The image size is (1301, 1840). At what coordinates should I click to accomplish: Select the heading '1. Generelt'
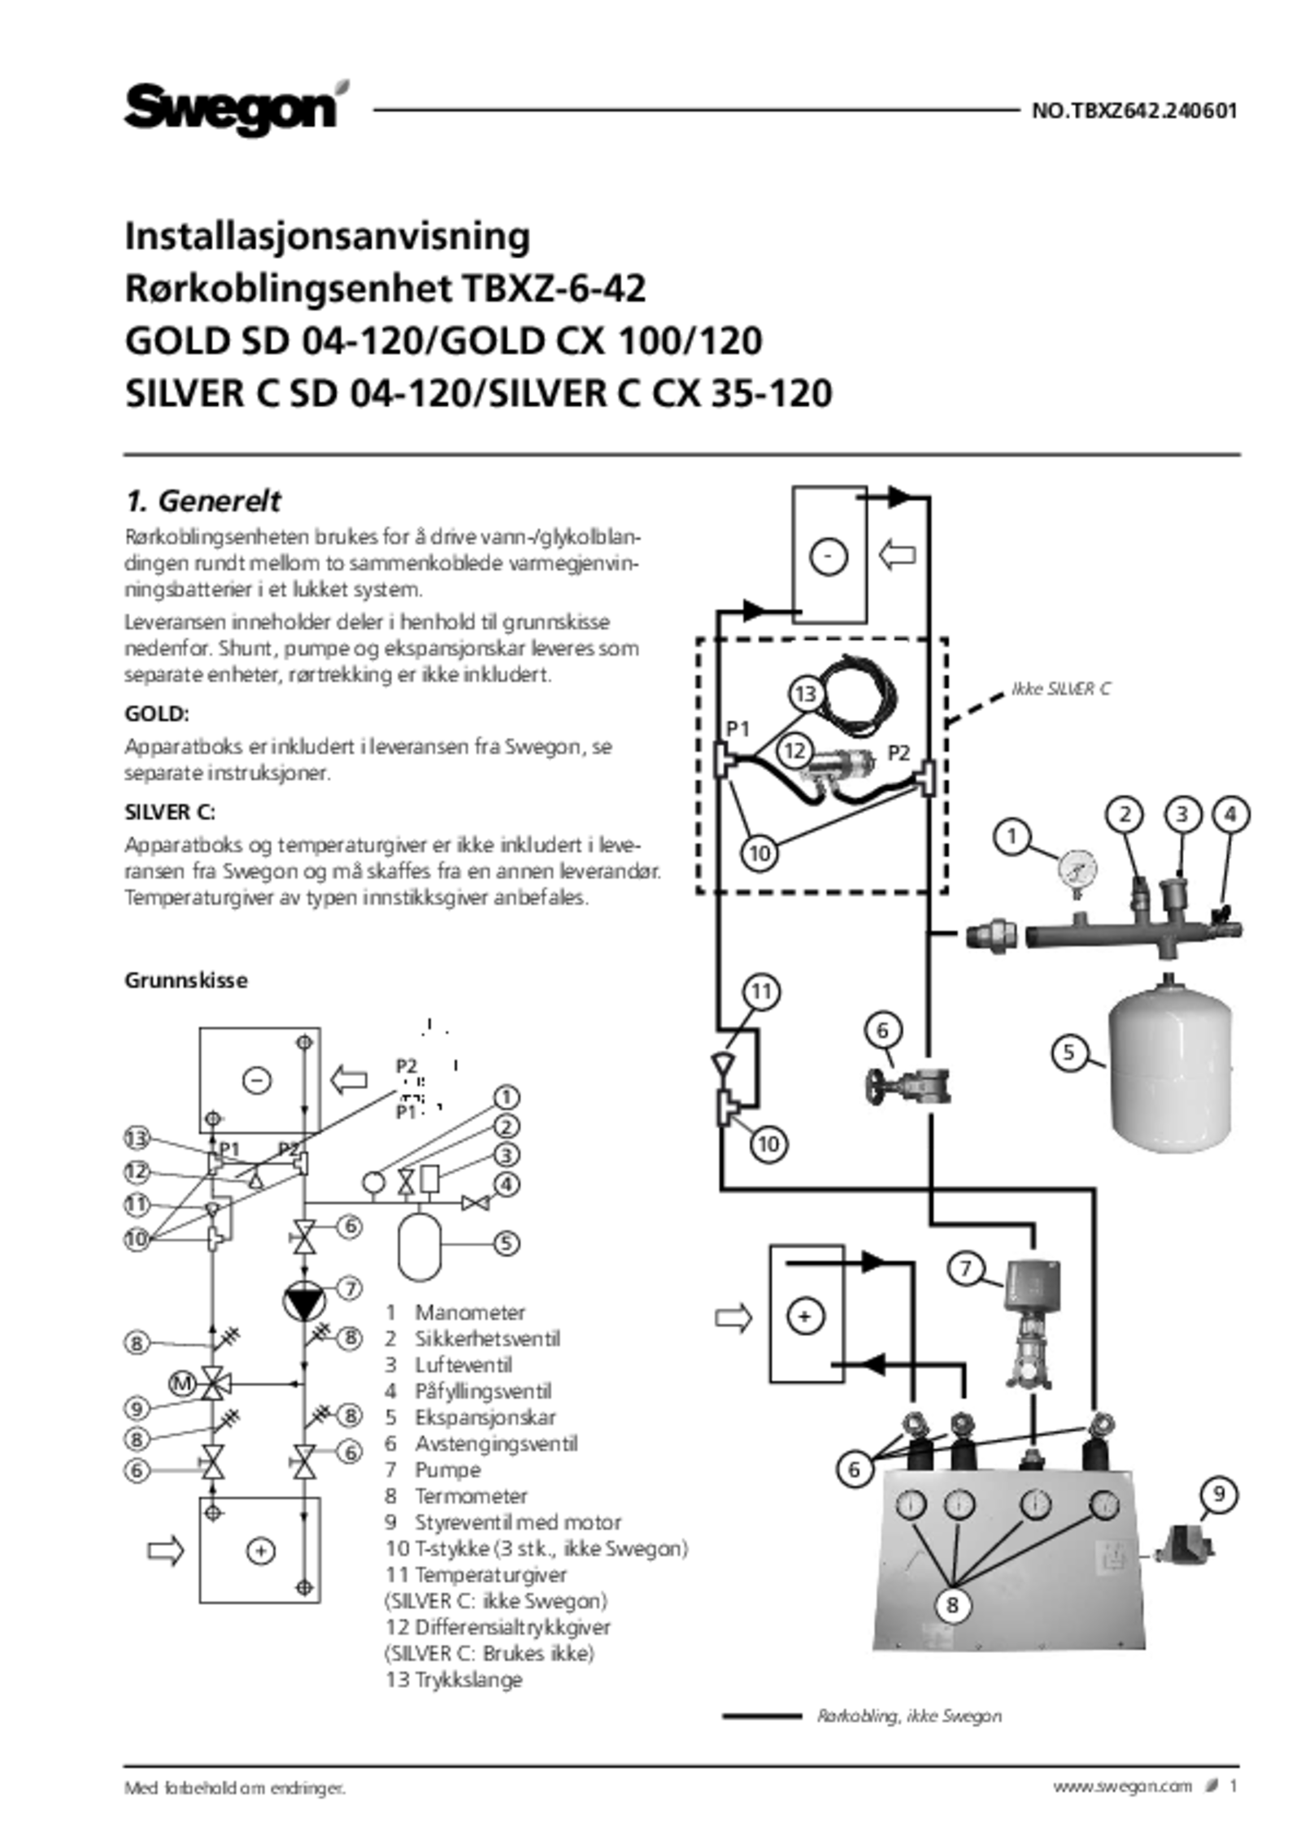coord(202,501)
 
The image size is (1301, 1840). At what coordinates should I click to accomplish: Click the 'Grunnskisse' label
coord(186,980)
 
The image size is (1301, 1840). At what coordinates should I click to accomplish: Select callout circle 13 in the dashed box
coord(805,694)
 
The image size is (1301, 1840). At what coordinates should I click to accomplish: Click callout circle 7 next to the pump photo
coord(965,1269)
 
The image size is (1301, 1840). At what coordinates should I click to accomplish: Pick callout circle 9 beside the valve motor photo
coord(1219,1494)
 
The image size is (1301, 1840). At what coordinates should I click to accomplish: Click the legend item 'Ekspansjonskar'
coord(485,1417)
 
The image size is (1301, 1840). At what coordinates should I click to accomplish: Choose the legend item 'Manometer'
coord(470,1313)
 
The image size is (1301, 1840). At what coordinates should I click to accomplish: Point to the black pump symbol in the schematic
coord(303,1301)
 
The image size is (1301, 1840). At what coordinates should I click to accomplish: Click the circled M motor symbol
coord(183,1382)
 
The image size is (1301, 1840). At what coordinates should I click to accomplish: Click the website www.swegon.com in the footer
coord(1122,1786)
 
